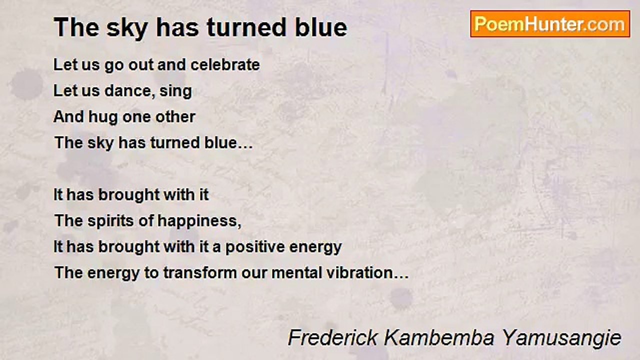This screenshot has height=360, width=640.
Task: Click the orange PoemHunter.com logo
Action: tap(550, 24)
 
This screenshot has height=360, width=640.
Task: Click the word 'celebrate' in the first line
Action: tap(225, 64)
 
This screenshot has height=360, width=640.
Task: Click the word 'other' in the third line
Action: tap(175, 116)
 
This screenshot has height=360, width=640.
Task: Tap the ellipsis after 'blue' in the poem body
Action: tap(245, 147)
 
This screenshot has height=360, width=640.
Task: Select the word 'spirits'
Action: tap(110, 221)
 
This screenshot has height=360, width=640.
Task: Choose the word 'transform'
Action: tap(199, 273)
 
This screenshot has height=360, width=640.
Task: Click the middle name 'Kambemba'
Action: tap(439, 337)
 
